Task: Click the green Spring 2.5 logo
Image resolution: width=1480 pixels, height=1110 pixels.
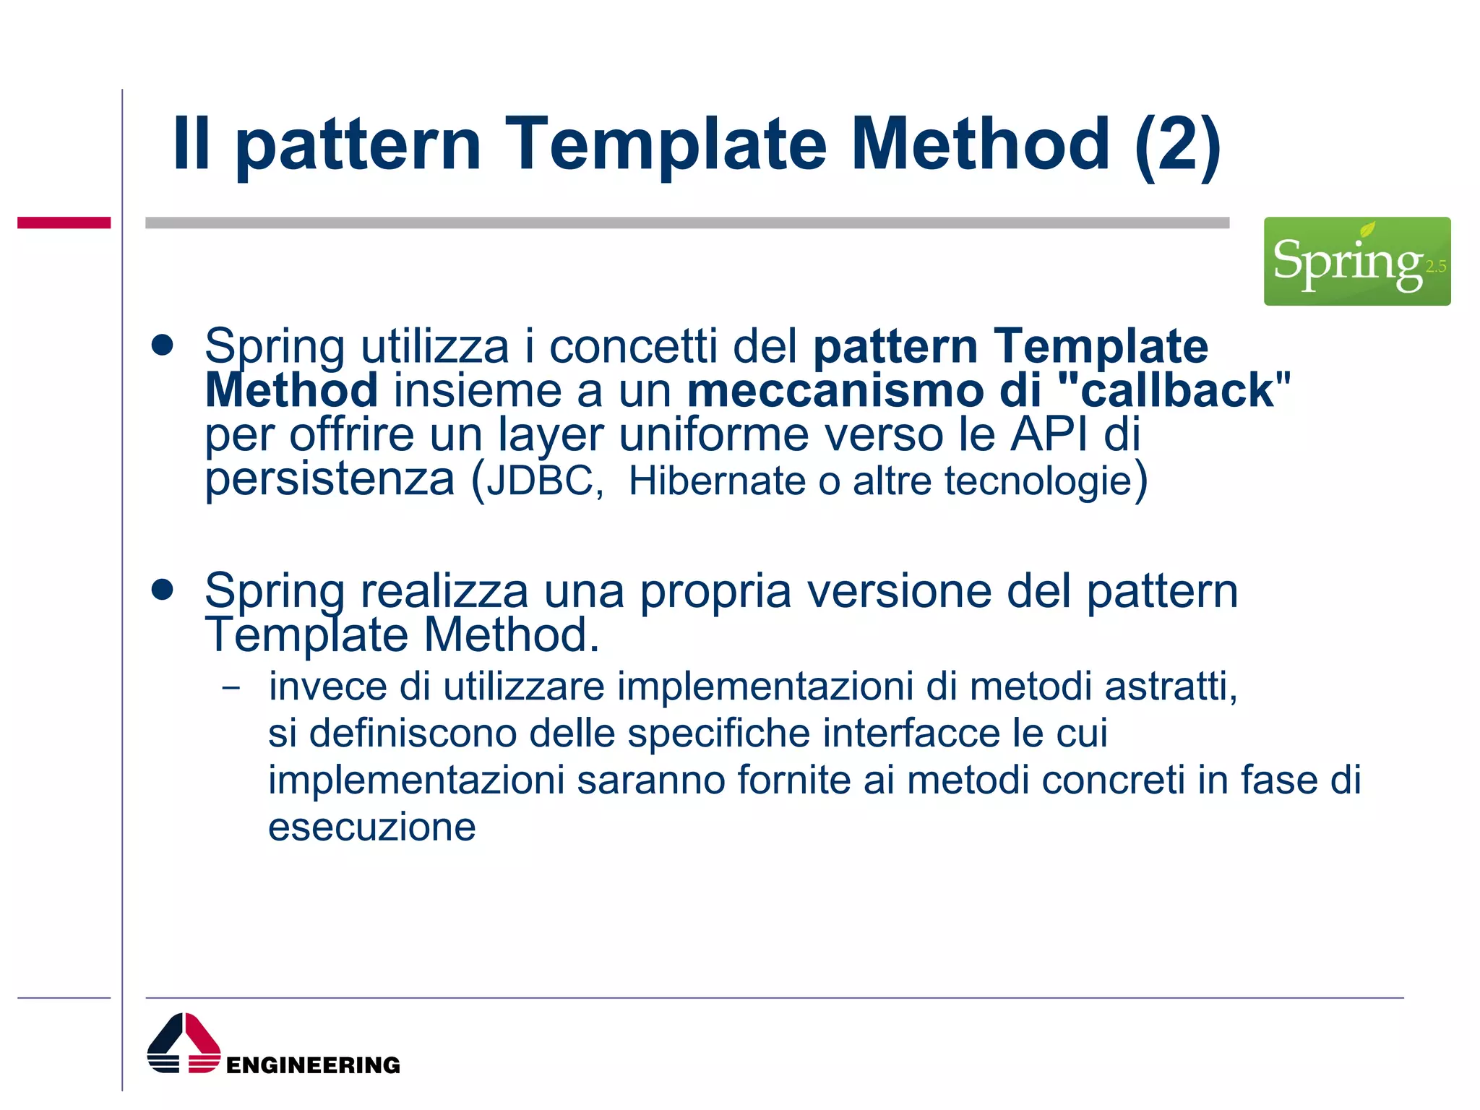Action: pyautogui.click(x=1356, y=261)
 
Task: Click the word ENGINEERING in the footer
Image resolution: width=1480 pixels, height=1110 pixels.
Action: pyautogui.click(x=313, y=1065)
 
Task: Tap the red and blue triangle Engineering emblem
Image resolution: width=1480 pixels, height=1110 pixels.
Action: pyautogui.click(x=184, y=1044)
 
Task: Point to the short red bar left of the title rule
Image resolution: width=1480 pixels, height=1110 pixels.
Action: pyautogui.click(x=64, y=223)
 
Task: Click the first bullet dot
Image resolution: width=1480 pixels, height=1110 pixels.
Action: pyautogui.click(x=163, y=345)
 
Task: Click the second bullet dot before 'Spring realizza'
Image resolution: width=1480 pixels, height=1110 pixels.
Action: pyautogui.click(x=163, y=590)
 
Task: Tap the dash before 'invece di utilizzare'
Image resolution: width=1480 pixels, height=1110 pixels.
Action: pyautogui.click(x=231, y=688)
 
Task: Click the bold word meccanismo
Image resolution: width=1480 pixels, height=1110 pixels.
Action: pyautogui.click(x=835, y=390)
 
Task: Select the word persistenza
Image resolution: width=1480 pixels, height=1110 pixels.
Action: pyautogui.click(x=330, y=480)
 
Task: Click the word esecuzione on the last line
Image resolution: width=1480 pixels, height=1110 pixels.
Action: pyautogui.click(x=372, y=827)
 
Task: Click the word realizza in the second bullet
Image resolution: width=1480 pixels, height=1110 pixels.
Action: pyautogui.click(x=444, y=591)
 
